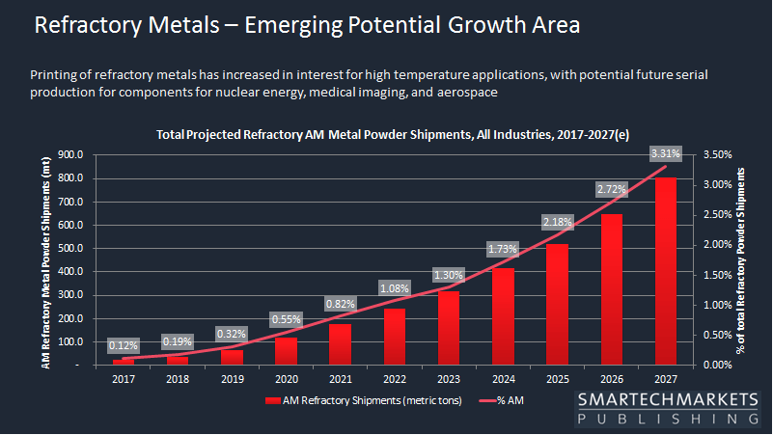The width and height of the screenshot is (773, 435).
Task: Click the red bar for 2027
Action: [665, 271]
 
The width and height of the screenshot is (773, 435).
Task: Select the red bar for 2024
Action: [503, 316]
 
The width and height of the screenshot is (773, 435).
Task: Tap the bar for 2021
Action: [340, 344]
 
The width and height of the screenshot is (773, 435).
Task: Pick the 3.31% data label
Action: [665, 152]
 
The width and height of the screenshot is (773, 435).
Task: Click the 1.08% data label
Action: [395, 287]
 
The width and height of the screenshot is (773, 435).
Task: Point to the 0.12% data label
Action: [124, 344]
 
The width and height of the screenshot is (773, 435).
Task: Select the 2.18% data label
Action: [557, 222]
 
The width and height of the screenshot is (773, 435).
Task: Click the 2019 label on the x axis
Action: [232, 378]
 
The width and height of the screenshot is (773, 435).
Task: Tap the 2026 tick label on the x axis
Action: [611, 378]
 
